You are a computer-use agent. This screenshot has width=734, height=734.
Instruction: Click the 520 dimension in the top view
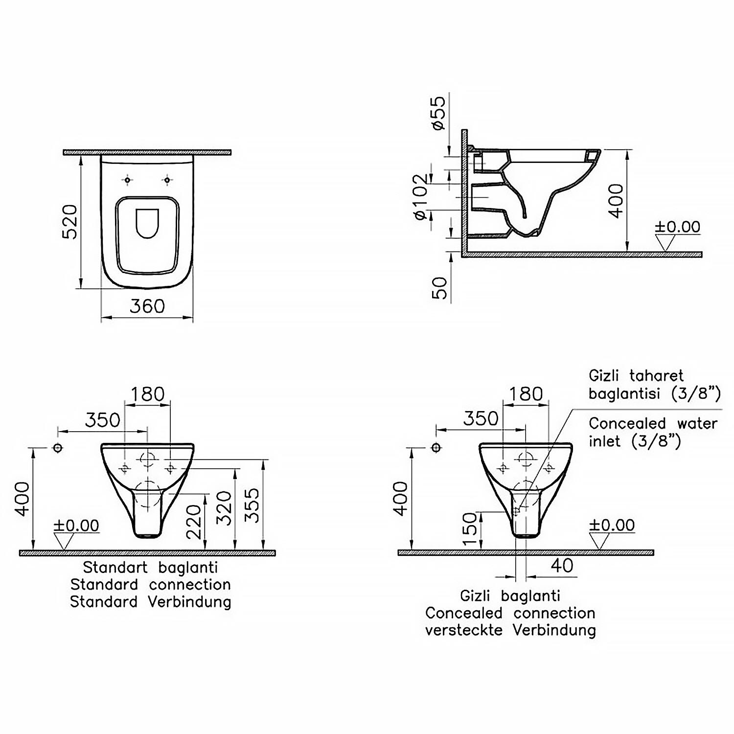point(71,222)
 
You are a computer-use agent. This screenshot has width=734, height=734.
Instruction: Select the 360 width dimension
point(147,306)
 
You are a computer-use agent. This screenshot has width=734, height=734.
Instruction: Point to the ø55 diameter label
point(439,113)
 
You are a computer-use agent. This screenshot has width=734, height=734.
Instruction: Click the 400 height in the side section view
point(616,201)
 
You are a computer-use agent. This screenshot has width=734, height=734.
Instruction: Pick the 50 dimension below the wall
point(440,288)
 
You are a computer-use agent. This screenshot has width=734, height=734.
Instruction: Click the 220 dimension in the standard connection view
point(195,521)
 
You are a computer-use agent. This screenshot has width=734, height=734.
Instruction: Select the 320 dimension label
point(224,508)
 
